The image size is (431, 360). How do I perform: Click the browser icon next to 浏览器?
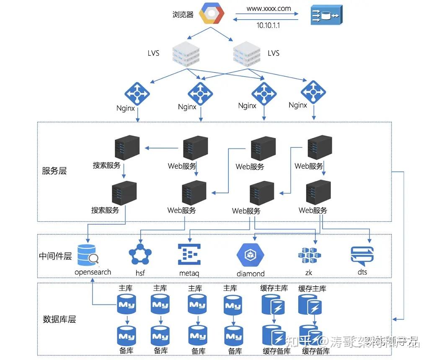[212, 14]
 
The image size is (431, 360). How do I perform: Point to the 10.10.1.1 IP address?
[268, 26]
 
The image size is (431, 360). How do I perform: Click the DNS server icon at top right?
[326, 16]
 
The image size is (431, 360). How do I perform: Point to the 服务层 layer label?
[54, 171]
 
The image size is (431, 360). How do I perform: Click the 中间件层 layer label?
[55, 256]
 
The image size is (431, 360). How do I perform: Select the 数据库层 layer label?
[59, 319]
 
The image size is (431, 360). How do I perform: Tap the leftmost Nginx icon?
[137, 94]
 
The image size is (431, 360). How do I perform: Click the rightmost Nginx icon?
[313, 92]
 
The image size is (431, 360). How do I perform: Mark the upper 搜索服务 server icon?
[127, 147]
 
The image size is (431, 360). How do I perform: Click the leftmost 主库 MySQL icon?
[126, 304]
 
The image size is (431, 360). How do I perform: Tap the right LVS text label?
[274, 53]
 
